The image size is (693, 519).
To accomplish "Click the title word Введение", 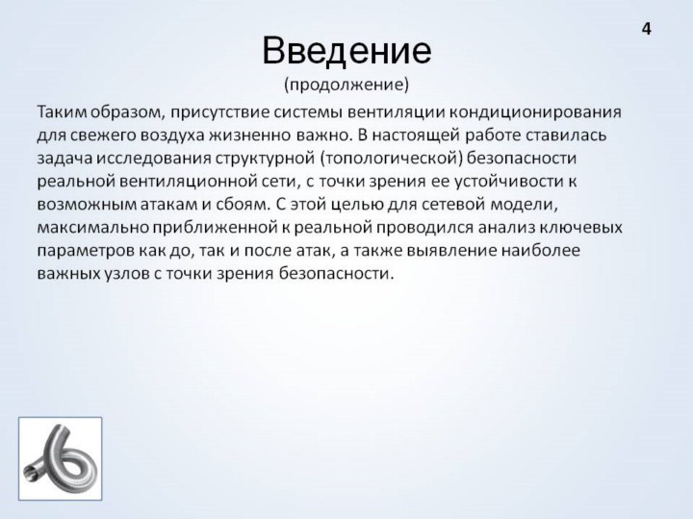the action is coord(346,51).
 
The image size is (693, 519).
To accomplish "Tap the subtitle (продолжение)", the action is coord(346,85).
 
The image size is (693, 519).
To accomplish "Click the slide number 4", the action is coord(646,29).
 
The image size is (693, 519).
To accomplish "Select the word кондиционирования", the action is coord(535,112).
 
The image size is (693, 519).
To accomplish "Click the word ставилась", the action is coord(566,136).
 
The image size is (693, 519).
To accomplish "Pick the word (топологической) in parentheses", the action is coord(391,159).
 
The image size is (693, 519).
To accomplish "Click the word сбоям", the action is coord(242,205).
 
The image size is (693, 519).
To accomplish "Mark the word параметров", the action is coord(86,251).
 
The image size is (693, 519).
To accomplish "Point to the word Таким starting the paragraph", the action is coord(62,112).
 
